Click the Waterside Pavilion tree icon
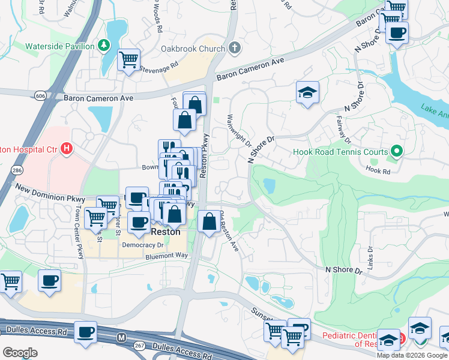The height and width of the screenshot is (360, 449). (104, 46)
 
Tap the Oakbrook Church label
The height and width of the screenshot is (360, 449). (192, 48)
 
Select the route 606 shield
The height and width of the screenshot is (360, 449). (40, 96)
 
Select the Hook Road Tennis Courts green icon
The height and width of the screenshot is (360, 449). (396, 151)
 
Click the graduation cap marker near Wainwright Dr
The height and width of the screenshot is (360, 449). (307, 93)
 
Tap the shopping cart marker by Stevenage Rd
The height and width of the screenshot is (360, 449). (129, 60)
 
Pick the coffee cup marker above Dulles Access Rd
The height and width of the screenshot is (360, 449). (85, 332)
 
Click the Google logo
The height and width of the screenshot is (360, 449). (20, 352)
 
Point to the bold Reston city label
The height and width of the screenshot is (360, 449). (165, 231)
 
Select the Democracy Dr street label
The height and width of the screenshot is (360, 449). (142, 245)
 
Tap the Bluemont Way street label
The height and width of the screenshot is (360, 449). (166, 256)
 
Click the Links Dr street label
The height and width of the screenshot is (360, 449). (370, 257)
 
